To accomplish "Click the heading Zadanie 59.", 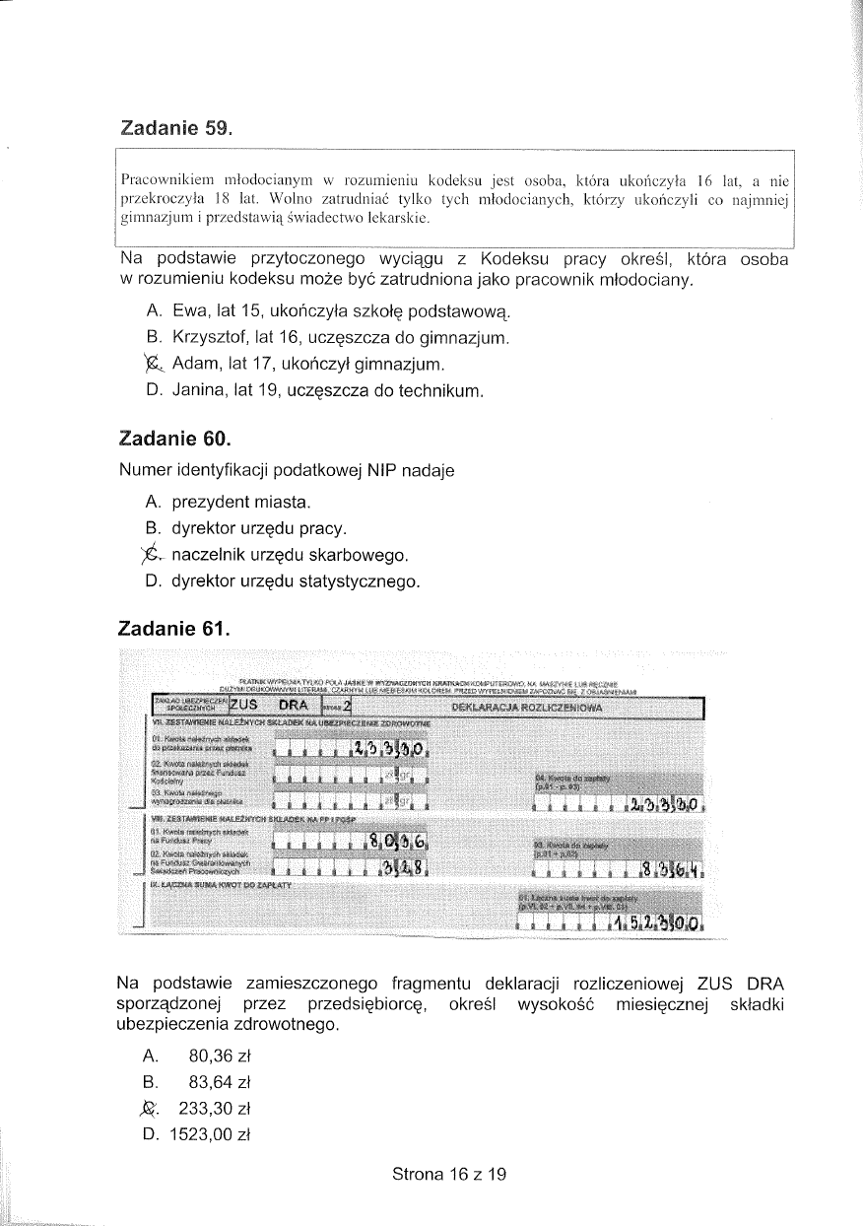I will point(175,128).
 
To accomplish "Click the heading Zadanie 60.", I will point(175,437).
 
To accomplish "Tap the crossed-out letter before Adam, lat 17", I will point(152,365).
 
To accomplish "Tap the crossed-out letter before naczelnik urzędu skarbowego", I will point(152,555).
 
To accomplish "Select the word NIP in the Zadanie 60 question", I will point(382,471).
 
